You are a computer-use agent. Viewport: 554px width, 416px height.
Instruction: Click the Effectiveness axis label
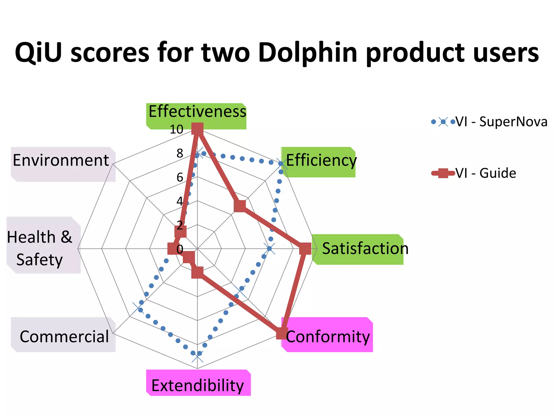point(197,111)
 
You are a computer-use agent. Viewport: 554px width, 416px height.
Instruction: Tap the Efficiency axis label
point(321,160)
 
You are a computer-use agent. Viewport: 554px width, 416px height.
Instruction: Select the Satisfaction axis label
point(365,249)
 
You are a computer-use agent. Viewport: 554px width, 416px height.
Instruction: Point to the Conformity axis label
point(328,337)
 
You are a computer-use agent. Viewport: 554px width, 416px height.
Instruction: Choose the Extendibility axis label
point(197,385)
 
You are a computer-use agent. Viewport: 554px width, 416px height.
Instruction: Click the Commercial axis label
point(64,337)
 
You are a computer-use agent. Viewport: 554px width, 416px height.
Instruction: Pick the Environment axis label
point(61,160)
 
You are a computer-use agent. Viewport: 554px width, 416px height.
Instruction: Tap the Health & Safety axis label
point(39,248)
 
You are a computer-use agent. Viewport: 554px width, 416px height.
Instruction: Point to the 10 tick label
point(176,129)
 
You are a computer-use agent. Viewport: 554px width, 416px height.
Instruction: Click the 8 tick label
point(180,153)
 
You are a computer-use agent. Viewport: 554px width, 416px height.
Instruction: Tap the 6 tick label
point(180,177)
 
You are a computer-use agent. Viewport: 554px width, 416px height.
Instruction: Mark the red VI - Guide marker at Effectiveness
point(197,129)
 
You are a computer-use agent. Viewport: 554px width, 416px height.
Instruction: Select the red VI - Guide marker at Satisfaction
point(305,249)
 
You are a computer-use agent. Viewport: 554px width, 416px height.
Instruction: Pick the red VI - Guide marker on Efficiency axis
point(240,206)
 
